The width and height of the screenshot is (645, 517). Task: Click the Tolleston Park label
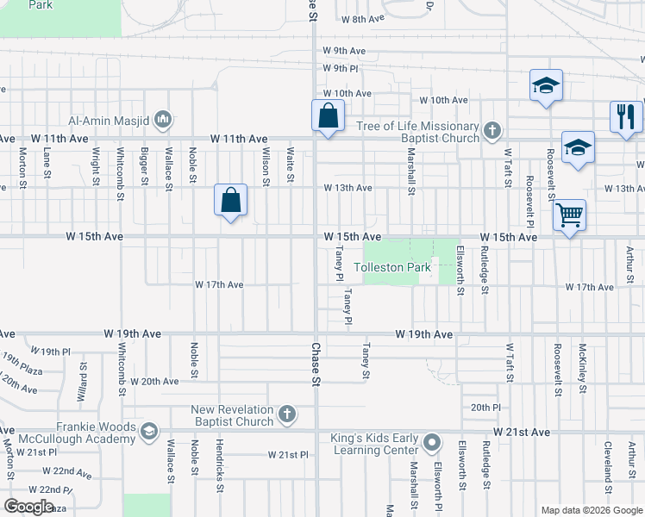[x=392, y=268]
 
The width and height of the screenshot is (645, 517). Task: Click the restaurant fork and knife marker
[x=625, y=115]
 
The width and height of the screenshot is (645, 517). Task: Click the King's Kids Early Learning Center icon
[x=432, y=444]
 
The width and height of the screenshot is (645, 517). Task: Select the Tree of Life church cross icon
[x=492, y=131]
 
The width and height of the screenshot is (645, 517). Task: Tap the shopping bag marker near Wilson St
[x=231, y=201]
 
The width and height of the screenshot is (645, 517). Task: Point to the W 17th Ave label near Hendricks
[x=219, y=284]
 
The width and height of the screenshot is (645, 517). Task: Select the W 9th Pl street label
[x=341, y=68]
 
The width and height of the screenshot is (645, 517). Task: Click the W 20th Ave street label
[x=160, y=381]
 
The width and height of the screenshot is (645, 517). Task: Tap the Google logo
[x=28, y=506]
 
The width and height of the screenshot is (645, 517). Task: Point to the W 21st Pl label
[x=287, y=454]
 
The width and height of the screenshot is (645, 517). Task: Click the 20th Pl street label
[x=485, y=407]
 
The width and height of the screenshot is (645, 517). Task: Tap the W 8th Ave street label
[x=362, y=18]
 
